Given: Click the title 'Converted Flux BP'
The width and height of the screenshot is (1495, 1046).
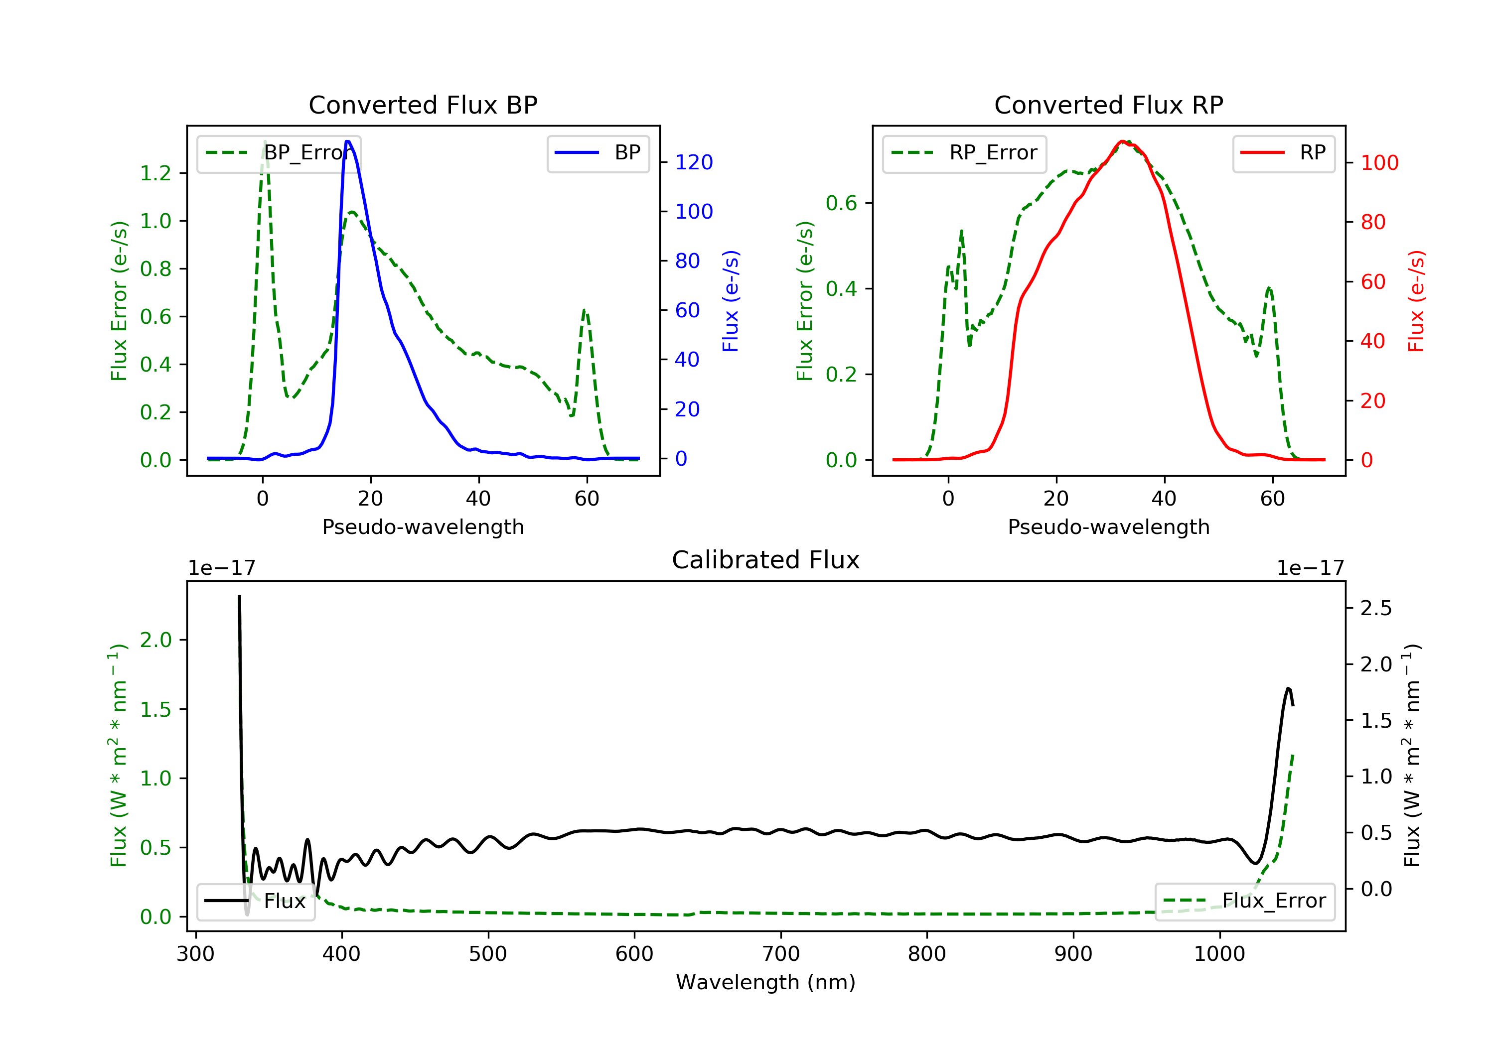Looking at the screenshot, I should click(x=423, y=105).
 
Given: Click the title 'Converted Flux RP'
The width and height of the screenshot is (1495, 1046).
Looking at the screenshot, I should click(x=1108, y=105).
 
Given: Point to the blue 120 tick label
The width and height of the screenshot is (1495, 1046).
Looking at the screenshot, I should click(x=694, y=162).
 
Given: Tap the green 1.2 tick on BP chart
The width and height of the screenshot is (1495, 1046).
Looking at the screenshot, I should click(x=155, y=173).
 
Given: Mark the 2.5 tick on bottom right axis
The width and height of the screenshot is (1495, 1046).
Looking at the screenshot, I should click(x=1376, y=608).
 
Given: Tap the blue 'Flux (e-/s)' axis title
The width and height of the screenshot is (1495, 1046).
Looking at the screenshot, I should click(x=731, y=301).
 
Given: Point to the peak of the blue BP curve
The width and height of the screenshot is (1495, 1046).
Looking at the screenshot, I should click(x=348, y=141).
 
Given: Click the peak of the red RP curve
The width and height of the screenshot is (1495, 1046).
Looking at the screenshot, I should click(x=1122, y=141).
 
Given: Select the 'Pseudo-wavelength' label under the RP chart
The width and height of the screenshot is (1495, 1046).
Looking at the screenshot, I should click(x=1108, y=526).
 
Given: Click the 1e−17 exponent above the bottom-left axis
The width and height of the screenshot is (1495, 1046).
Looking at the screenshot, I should click(x=221, y=568).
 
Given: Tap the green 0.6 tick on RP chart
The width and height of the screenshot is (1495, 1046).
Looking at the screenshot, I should click(x=841, y=203).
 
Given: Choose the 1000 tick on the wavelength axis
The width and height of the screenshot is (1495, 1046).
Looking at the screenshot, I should click(x=1219, y=954).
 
